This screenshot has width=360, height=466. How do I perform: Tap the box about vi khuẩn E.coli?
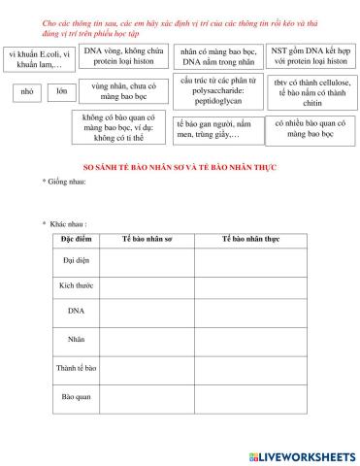(40, 59)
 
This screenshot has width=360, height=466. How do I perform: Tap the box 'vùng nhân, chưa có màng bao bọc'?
(124, 92)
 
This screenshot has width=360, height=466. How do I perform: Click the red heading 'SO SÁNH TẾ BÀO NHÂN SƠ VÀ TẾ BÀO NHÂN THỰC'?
(180, 166)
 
